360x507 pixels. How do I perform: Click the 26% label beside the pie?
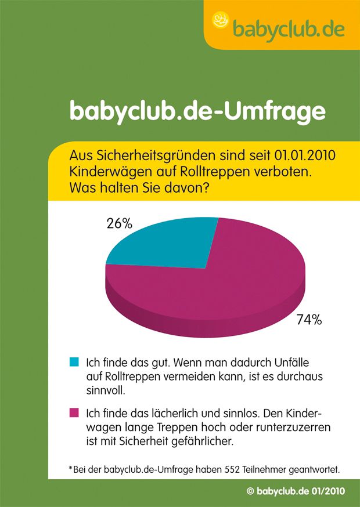(119, 223)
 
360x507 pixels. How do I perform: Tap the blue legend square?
(73, 362)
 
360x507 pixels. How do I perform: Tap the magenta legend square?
(73, 414)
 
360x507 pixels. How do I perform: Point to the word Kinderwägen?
(105, 173)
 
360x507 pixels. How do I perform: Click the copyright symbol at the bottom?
(250, 491)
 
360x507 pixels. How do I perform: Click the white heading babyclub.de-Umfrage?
(197, 111)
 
